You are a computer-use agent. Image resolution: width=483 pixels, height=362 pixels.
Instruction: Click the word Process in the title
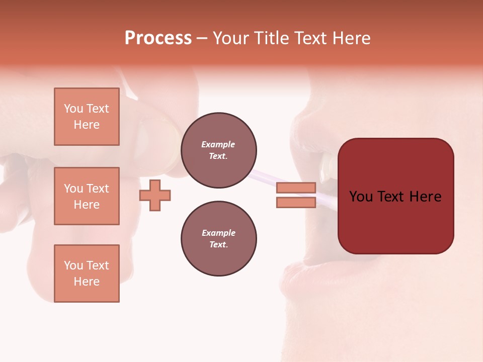[158, 38]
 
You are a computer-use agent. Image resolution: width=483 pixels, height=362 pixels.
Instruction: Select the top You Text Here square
[87, 117]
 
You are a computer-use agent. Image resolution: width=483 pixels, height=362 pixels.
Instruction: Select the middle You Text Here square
[87, 196]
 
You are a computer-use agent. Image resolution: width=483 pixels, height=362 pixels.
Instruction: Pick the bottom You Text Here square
[87, 273]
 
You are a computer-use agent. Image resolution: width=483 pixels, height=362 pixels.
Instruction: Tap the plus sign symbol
[155, 195]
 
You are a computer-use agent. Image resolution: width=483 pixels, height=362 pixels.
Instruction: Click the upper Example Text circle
[218, 150]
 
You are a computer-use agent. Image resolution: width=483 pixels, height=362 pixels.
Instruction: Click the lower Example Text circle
[218, 239]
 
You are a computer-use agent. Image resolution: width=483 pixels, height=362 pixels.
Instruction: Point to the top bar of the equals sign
[296, 188]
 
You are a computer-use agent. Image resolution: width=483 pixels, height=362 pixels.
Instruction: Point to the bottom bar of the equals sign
[296, 203]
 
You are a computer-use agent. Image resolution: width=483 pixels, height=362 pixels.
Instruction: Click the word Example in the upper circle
[218, 144]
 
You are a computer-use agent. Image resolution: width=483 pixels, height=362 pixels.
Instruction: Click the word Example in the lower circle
[218, 233]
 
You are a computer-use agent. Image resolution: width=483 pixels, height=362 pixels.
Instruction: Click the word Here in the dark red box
[426, 197]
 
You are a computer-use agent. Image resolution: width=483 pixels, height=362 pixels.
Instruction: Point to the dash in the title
[202, 39]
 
